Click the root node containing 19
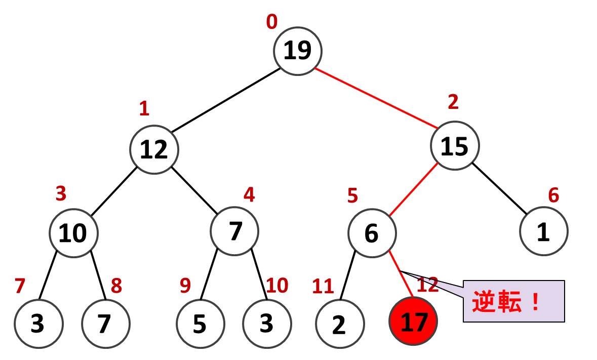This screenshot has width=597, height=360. click(297, 51)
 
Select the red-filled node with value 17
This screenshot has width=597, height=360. click(413, 322)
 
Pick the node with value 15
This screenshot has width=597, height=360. click(454, 146)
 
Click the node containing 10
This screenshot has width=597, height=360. click(73, 233)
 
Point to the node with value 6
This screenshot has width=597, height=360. click(372, 233)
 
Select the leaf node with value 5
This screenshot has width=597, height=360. click(200, 324)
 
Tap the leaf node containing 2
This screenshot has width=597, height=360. click(339, 324)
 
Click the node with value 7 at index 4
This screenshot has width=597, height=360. click(234, 231)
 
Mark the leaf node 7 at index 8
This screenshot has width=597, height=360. click(105, 324)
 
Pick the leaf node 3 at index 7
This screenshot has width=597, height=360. click(38, 324)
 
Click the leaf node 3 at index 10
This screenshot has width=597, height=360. click(267, 324)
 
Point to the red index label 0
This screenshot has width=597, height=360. click(272, 22)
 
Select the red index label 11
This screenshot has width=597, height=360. click(323, 287)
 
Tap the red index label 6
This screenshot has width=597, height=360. click(554, 195)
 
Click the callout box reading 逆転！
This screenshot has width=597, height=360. click(513, 302)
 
